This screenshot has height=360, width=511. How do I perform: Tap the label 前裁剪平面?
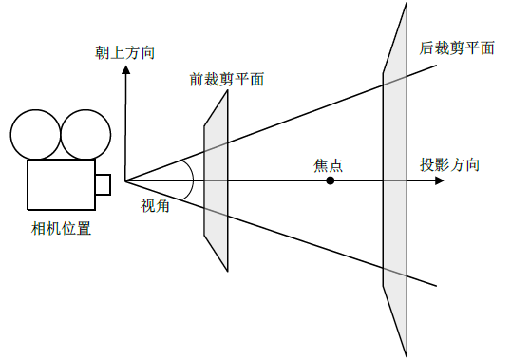[226, 80]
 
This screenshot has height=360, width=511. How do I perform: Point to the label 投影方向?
[450, 164]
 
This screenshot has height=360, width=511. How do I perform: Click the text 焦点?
[328, 164]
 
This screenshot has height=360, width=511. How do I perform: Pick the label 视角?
[155, 204]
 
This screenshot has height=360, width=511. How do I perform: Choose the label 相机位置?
[61, 228]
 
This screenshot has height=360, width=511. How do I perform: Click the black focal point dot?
[331, 180]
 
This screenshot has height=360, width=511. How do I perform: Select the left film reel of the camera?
[34, 135]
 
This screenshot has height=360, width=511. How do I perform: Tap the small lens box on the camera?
[103, 183]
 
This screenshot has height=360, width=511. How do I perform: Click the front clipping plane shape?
[217, 180]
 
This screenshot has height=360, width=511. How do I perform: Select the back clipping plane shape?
[394, 180]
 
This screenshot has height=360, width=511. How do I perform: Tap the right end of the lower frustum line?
[437, 287]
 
